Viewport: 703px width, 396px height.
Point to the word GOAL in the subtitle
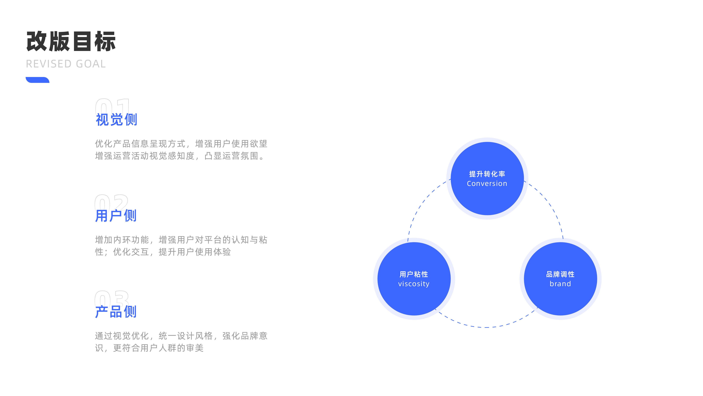[x=91, y=64]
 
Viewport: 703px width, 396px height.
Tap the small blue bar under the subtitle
[x=37, y=80]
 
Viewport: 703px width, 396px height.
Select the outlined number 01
[x=112, y=105]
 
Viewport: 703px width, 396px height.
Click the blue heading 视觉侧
[x=117, y=120]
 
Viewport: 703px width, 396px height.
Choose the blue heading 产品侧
[x=116, y=312]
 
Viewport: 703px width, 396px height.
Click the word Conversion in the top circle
[x=487, y=184]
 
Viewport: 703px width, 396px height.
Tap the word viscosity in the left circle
[x=414, y=284]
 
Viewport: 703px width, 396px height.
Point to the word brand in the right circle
[x=560, y=284]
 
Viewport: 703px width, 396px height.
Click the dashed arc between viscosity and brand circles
[x=487, y=327]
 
